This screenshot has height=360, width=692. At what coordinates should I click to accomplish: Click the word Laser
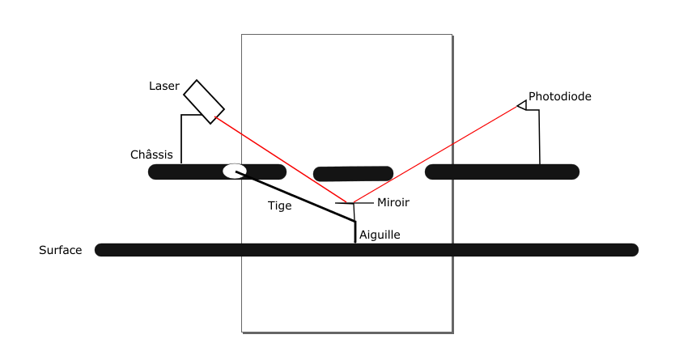coord(163,86)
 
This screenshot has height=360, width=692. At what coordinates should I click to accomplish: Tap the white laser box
coord(204,101)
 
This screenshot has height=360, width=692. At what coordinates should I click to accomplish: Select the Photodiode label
coord(559,96)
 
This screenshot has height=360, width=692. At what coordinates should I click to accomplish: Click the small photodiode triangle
coord(522,105)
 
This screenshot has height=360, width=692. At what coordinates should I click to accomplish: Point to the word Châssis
coord(151,155)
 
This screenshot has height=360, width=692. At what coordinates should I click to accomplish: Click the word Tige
coord(279,205)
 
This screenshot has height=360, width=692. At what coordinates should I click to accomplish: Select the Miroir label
coord(393,202)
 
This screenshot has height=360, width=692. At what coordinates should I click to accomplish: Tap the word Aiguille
coord(380,235)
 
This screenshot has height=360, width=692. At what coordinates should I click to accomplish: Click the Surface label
coord(61,250)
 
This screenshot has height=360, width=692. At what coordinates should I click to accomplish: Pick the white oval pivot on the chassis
coord(234,171)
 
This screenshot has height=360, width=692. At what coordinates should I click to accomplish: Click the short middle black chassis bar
coord(353,173)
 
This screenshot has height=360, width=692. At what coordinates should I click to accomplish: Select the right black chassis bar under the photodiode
coord(502,172)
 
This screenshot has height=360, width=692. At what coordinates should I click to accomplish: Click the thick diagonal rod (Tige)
coord(299,198)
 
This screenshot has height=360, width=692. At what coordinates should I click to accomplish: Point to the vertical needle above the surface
coord(355,232)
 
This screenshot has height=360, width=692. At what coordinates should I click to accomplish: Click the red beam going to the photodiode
coord(437,154)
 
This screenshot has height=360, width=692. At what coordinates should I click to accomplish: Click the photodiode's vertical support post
coord(539,138)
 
